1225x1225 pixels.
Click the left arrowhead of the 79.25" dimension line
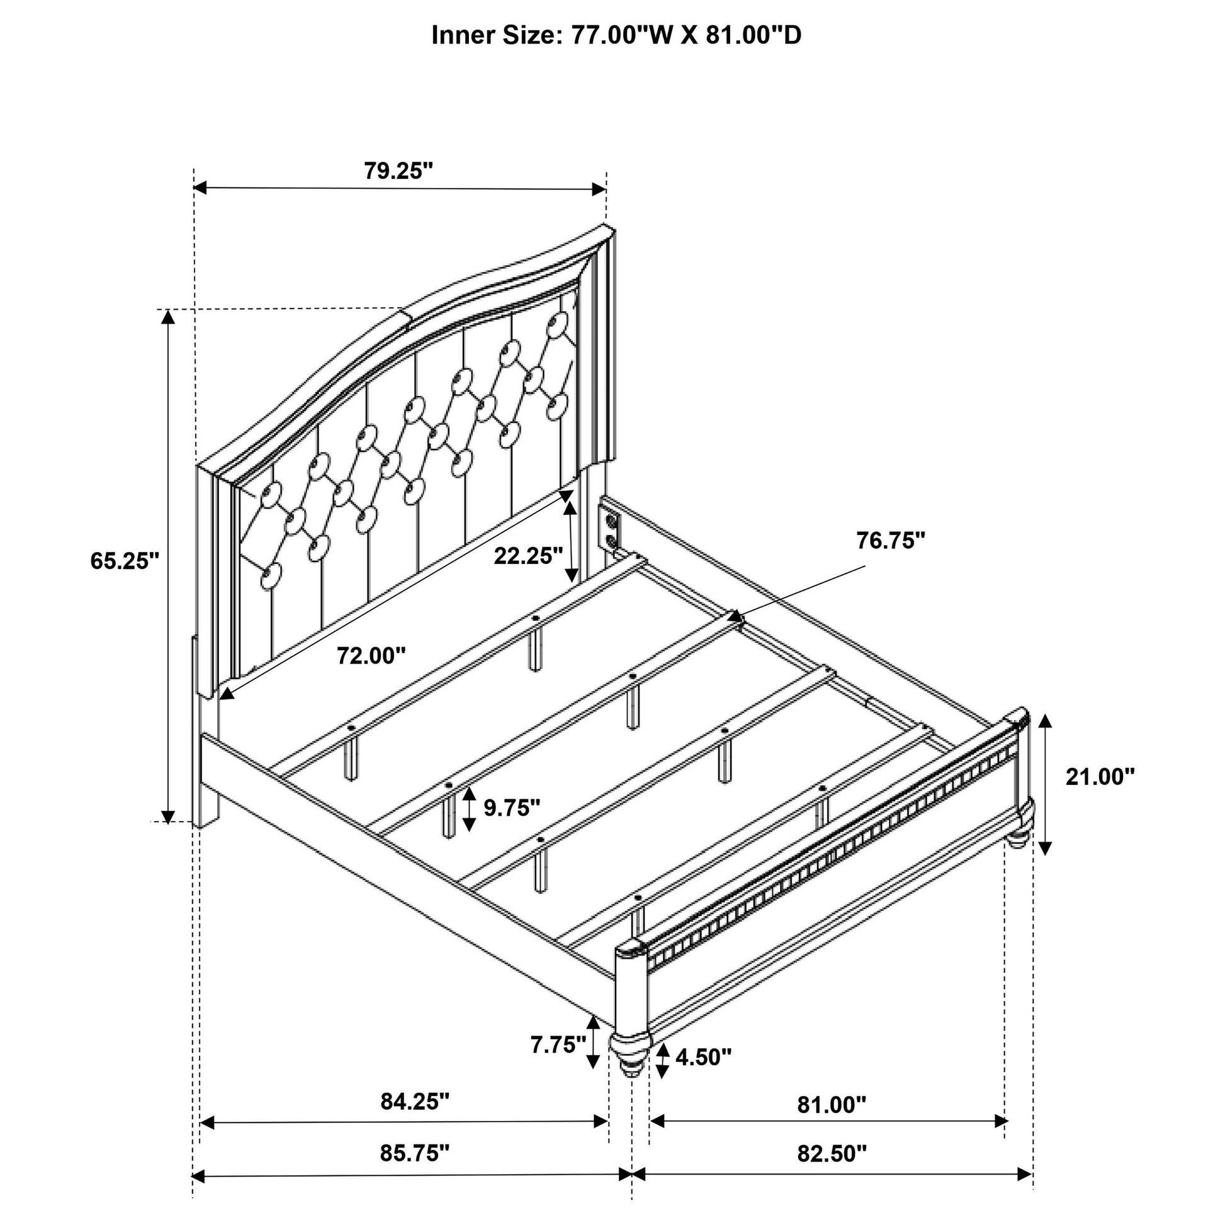point(200,188)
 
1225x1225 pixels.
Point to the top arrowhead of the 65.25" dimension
point(167,317)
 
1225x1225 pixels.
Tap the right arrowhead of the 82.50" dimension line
point(1025,1174)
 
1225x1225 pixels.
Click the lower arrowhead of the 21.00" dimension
point(1046,848)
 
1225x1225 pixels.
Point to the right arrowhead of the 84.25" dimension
point(601,1122)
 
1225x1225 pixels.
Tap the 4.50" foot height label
point(703,1056)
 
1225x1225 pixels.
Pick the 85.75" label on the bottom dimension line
point(415,1153)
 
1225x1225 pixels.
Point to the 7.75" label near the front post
point(558,1044)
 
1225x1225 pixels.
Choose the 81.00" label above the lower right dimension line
point(831,1105)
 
